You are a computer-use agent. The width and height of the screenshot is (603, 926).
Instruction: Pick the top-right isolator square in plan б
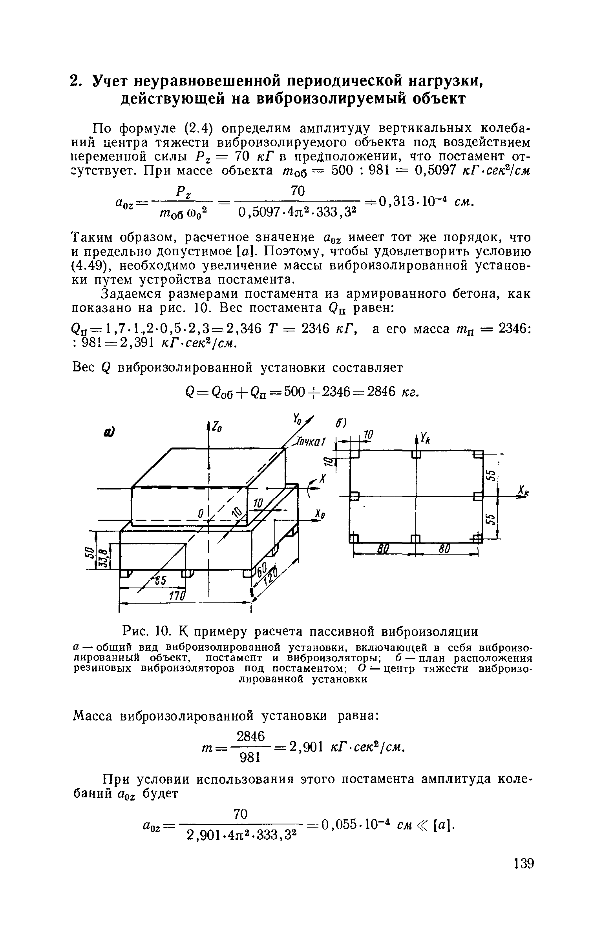[x=478, y=455]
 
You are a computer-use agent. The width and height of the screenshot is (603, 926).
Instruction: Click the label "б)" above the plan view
[x=340, y=424]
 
